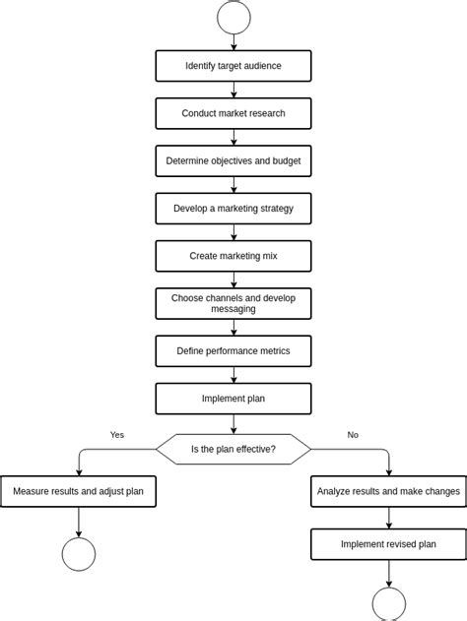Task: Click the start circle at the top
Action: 233,17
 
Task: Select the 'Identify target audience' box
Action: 233,66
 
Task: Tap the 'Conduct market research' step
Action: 233,113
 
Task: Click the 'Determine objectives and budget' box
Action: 233,160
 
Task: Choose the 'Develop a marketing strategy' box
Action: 233,209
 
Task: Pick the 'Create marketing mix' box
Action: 233,256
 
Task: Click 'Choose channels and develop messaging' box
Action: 233,303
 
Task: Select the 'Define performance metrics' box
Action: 233,350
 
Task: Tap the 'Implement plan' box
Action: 233,399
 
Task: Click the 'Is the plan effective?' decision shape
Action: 233,449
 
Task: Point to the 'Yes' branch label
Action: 117,434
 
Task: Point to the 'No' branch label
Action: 353,434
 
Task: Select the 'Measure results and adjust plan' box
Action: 78,491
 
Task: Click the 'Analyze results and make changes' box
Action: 388,491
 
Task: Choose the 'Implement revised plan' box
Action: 388,544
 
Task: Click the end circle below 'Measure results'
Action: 79,554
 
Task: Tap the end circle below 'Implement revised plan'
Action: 388,604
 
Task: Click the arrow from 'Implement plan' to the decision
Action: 233,424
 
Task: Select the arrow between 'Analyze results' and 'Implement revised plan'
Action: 388,518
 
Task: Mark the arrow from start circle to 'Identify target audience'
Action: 233,42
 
